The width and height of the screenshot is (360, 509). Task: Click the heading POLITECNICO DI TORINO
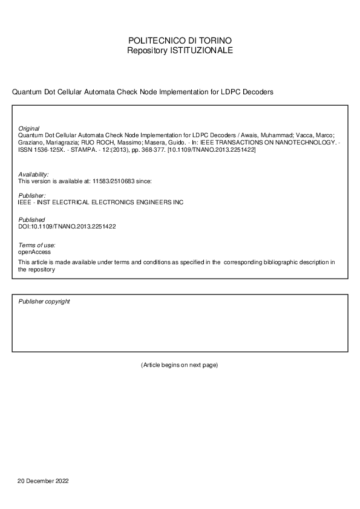(180, 41)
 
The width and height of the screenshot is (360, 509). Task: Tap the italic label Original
(29, 128)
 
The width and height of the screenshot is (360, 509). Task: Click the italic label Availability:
(34, 174)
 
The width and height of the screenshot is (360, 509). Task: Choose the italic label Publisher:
(32, 196)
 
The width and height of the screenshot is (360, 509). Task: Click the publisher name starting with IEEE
(100, 203)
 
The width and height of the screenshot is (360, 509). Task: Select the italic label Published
(31, 220)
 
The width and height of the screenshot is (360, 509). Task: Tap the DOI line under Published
(67, 226)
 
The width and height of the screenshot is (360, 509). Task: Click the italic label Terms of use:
(37, 244)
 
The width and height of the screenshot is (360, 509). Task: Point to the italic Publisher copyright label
(44, 301)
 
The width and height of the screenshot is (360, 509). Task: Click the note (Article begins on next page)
(179, 365)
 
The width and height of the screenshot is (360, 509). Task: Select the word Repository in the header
(148, 50)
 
